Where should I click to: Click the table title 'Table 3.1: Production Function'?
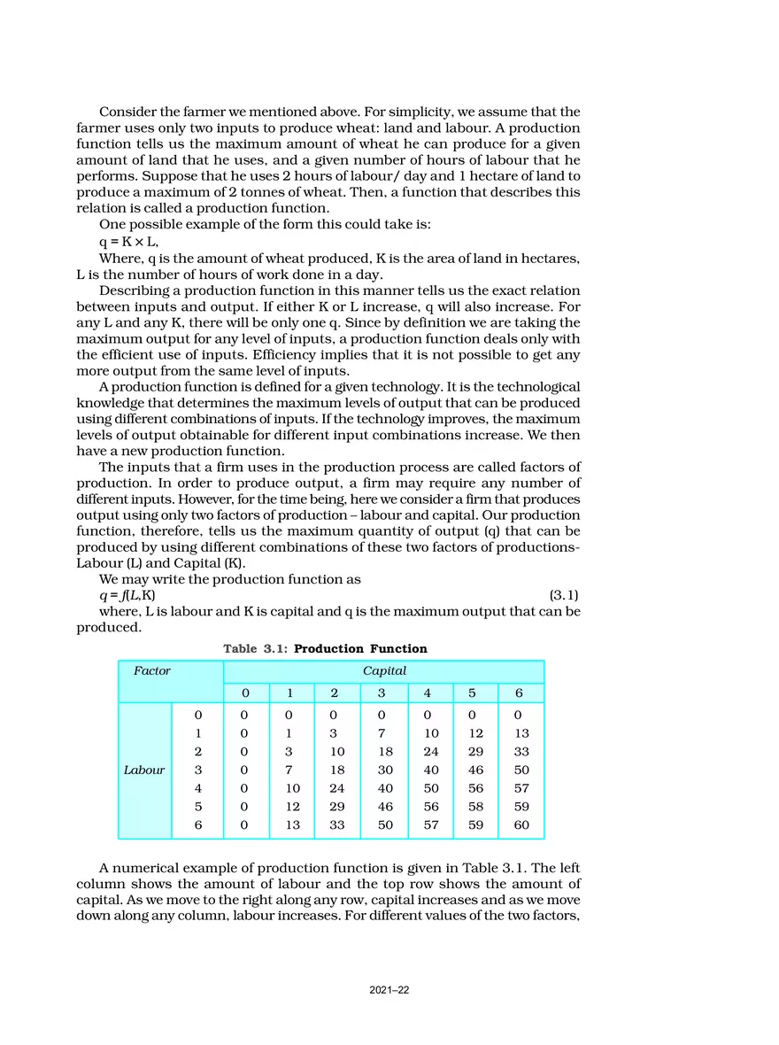325,649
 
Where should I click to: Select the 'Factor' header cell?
152,671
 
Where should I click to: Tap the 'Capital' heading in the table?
384,671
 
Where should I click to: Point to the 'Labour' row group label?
144,770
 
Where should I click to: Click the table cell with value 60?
521,825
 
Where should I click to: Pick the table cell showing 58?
476,807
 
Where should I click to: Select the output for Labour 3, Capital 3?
384,770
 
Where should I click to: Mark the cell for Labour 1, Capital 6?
521,733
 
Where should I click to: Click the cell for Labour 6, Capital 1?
292,825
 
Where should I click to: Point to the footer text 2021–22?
389,990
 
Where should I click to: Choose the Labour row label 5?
197,807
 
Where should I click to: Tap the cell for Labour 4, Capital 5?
476,788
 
